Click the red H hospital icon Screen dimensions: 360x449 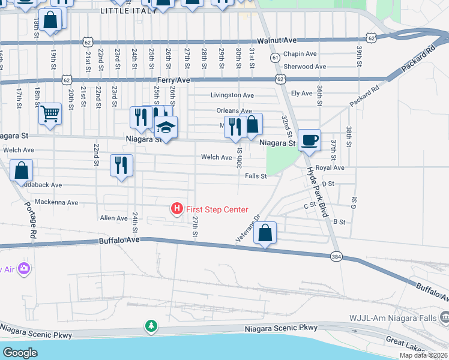(x=177, y=209)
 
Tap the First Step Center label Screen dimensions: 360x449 (x=217, y=209)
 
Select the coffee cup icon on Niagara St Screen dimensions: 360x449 (x=309, y=140)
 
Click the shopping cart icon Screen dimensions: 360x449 (x=50, y=113)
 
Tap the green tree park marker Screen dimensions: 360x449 (x=152, y=326)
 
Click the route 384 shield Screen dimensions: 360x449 (x=337, y=256)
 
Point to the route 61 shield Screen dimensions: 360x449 (x=274, y=58)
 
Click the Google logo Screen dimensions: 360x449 (x=20, y=352)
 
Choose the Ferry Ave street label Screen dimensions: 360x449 (x=173, y=80)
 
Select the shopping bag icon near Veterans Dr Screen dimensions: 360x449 (x=265, y=233)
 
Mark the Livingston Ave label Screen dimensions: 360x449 (x=232, y=95)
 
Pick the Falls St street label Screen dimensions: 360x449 (x=256, y=176)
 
